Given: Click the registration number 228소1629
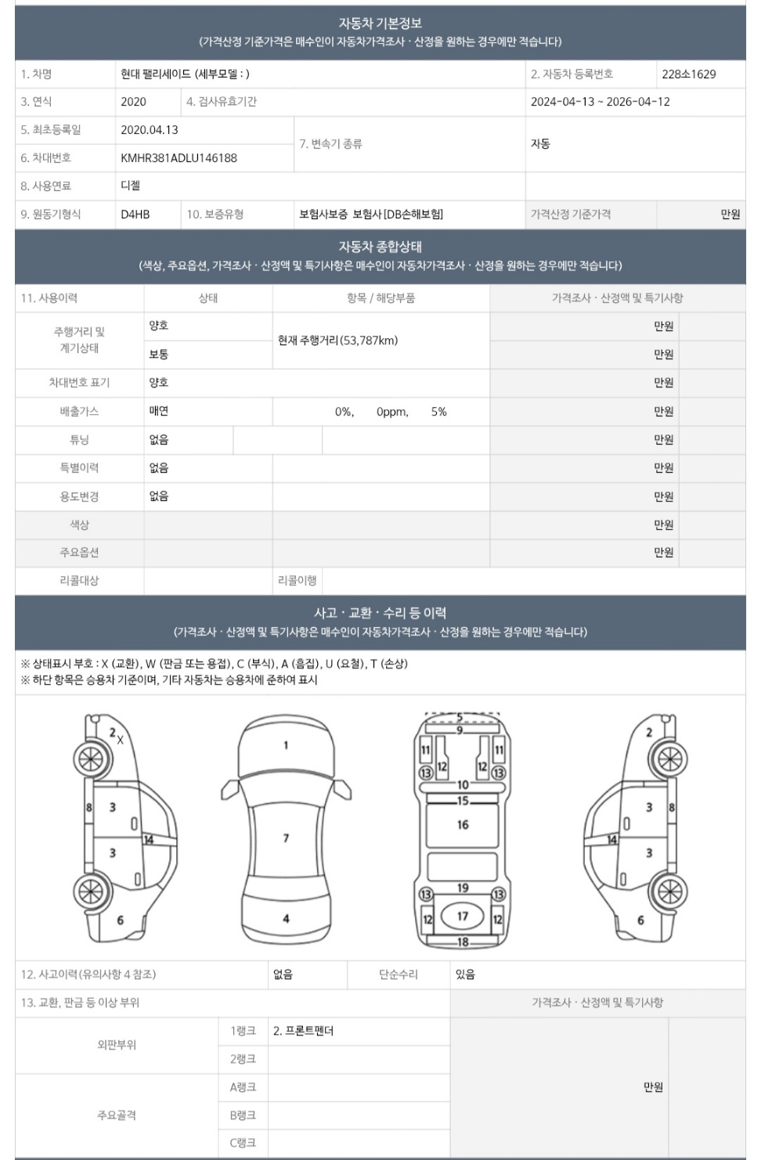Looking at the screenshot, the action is click(x=688, y=74).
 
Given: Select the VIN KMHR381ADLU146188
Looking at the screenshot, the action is click(x=179, y=158).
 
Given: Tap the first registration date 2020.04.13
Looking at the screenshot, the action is click(x=150, y=130).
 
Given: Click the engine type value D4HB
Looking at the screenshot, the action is click(x=135, y=214).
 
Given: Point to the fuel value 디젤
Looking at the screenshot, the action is click(x=131, y=186).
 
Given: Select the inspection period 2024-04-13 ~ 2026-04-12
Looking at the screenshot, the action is click(x=600, y=102).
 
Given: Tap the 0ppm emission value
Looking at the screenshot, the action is click(x=392, y=412).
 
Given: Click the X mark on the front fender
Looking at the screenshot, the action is click(x=121, y=740).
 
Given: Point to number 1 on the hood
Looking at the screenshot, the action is click(x=286, y=745).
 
